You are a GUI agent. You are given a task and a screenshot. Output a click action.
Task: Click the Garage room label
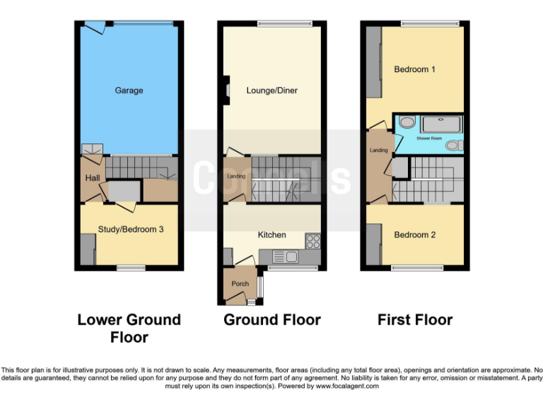coord(129,90)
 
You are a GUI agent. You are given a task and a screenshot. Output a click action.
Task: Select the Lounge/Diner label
coord(271,90)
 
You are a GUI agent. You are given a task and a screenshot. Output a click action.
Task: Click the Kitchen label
coord(271,235)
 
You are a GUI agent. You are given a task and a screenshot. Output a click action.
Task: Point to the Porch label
coord(240,284)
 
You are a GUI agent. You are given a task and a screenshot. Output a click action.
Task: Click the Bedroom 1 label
coord(414,69)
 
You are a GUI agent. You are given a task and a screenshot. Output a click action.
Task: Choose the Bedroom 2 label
coord(414,235)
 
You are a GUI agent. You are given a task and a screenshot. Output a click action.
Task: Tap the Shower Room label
coord(429,138)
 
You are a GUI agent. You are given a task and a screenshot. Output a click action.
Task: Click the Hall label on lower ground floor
coord(92,178)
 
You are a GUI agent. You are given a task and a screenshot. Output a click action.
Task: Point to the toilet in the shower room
coord(454,145)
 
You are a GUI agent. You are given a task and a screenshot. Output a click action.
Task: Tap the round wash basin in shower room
coord(407,123)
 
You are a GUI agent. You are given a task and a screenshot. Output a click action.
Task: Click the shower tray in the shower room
coord(441,124)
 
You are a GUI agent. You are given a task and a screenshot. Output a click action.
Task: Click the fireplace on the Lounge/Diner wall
coord(226,90)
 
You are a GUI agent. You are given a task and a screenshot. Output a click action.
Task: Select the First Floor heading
coord(414,320)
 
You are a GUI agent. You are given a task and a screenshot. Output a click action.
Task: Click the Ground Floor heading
coord(271,320)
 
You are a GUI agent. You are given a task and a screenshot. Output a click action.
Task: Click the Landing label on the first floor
coord(378,151)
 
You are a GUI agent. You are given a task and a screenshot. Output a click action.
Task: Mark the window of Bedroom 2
coord(414,267)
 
